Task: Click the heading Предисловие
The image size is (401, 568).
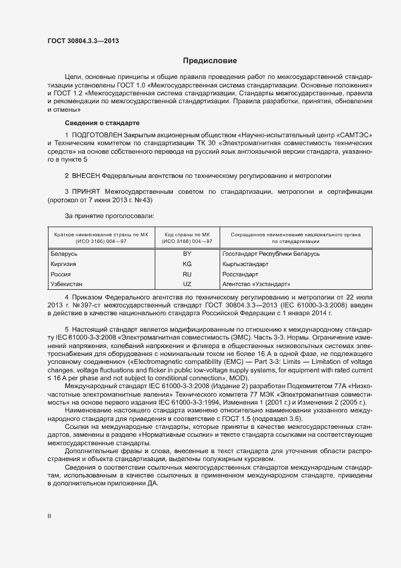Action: [211, 61]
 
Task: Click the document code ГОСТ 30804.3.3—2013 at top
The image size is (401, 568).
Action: [83, 41]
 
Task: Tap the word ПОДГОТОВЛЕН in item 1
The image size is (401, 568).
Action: [97, 134]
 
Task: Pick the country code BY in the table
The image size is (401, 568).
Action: [187, 253]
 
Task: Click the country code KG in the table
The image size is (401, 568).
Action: [187, 264]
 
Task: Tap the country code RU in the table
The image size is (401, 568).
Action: [187, 274]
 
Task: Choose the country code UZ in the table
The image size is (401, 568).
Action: [187, 284]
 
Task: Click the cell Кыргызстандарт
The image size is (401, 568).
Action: [246, 264]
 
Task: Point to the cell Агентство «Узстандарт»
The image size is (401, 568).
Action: [257, 284]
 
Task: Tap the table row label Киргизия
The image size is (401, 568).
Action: [66, 264]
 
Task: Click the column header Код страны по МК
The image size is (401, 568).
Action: [187, 234]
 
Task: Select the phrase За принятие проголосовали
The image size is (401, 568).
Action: [109, 216]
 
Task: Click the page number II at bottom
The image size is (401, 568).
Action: [49, 516]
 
